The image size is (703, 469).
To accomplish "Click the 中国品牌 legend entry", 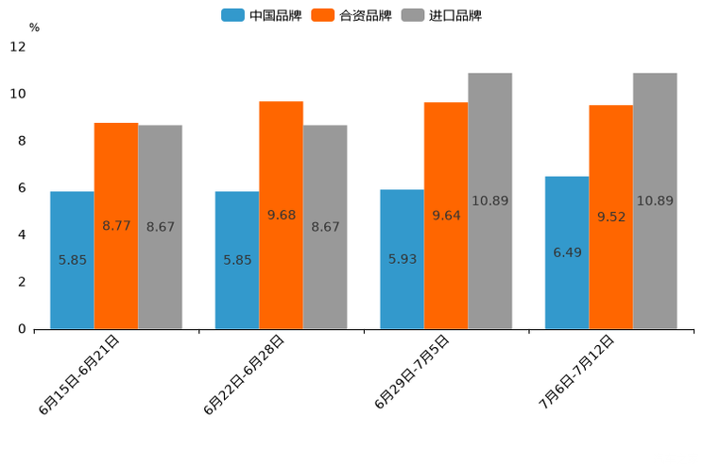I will click(262, 15).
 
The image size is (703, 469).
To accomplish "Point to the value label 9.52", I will click(611, 217).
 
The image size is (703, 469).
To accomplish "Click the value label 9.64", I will click(446, 216).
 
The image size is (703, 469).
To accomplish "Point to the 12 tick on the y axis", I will click(18, 46).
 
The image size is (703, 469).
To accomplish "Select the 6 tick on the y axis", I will click(22, 188).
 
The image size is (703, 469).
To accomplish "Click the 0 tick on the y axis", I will click(22, 329).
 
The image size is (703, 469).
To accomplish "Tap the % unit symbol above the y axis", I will click(34, 27).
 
